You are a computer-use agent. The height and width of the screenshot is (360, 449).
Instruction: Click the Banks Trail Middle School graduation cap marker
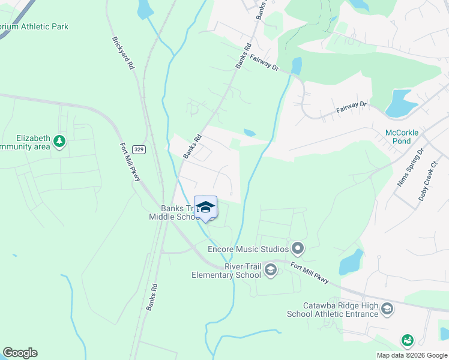[x=205, y=207]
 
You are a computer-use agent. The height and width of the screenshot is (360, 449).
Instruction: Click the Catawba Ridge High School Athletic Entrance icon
[x=388, y=310]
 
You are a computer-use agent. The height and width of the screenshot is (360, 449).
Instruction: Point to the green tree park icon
[x=59, y=142]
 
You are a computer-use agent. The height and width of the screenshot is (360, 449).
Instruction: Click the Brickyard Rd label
[x=122, y=53]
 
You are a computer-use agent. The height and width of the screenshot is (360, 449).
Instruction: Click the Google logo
[x=20, y=353]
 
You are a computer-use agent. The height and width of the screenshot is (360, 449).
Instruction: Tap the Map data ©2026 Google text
[x=412, y=355]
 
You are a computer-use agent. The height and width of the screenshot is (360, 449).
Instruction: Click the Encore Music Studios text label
[x=247, y=248]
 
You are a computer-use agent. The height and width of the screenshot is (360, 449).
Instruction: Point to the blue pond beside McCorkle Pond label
[x=399, y=104]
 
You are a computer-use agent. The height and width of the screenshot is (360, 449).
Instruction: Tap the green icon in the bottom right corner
[x=408, y=341]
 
